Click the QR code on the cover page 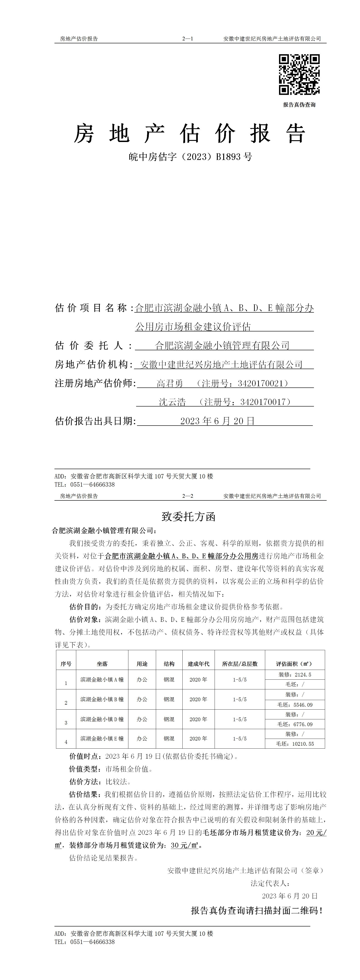click(299, 75)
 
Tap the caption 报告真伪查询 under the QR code click(299, 105)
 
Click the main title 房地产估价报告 click(189, 134)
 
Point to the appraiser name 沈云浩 click(172, 402)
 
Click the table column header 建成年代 click(198, 664)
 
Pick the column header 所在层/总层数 click(240, 664)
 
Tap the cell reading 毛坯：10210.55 click(295, 744)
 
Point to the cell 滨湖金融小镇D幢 click(102, 719)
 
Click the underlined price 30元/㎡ click(185, 845)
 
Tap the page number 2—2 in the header click(188, 496)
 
